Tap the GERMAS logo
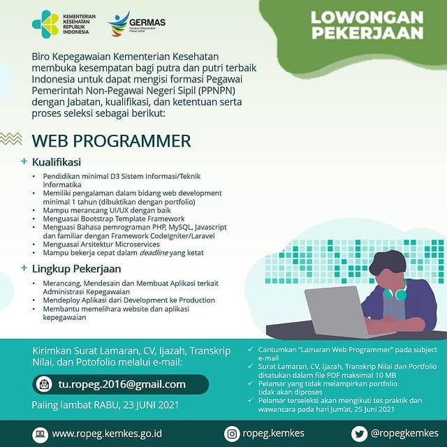click(136, 23)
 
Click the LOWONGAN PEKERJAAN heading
click(367, 24)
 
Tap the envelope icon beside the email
click(45, 384)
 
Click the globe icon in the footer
click(40, 434)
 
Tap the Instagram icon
click(231, 434)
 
